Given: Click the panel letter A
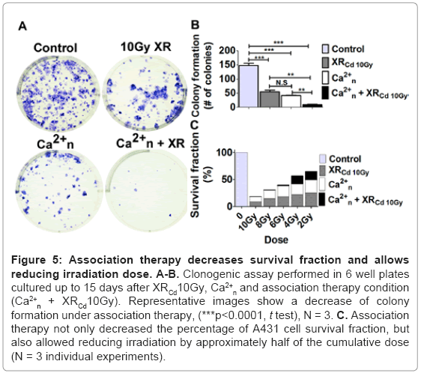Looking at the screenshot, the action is point(22,26).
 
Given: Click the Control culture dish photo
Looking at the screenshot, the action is point(58,94).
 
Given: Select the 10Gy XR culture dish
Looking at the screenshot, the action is point(145,93).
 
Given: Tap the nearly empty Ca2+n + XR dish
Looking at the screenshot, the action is point(146,190).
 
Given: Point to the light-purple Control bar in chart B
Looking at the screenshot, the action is point(249,86).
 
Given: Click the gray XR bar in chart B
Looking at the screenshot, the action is point(270,100).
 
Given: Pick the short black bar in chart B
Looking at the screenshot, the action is point(312,106).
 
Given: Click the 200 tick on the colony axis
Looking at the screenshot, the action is point(227,50).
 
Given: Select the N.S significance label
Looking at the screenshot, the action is point(282,82).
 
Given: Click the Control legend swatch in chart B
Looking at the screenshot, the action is point(325,49).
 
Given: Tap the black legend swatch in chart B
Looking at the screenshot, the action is point(325,93).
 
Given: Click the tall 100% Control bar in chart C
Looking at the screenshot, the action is point(241,179).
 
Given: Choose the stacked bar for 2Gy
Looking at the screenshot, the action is point(311,189).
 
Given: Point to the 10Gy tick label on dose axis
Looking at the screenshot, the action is point(248,222).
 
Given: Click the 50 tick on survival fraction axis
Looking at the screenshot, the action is point(227,179).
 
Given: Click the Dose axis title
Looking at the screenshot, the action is point(276,240).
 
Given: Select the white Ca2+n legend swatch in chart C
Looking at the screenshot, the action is point(322,184).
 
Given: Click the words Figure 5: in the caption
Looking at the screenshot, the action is point(37,260).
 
